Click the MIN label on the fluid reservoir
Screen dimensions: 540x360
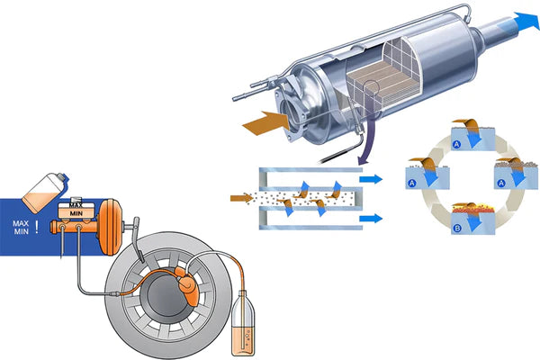(x=76, y=213)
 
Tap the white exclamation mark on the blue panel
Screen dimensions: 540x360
(x=37, y=227)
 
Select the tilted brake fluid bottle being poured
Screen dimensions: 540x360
(x=44, y=192)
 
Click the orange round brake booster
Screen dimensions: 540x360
(x=110, y=227)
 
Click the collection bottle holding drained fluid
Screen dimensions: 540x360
(x=244, y=324)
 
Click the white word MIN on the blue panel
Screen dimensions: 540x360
(x=21, y=232)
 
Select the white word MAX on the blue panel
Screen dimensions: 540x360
(x=21, y=223)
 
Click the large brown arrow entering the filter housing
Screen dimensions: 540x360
(x=266, y=123)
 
